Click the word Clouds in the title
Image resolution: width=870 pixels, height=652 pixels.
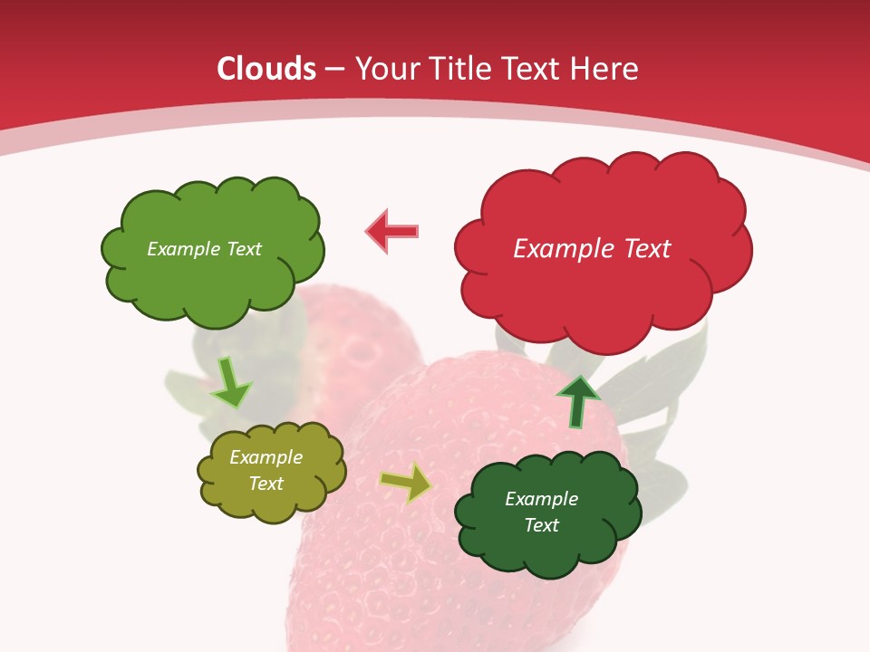coord(266,69)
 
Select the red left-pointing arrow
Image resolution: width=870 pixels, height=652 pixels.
coord(392,231)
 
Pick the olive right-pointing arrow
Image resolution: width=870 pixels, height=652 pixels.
coord(406,484)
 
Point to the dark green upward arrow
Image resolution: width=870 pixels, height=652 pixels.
coord(577,401)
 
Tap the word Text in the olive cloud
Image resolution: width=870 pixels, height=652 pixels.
coord(266,484)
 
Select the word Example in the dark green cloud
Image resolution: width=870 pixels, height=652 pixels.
coord(541,499)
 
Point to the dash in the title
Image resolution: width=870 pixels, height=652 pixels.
coord(334,70)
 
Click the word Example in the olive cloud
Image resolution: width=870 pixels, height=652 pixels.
coord(266,457)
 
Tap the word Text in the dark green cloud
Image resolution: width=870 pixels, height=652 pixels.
coord(541,525)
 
